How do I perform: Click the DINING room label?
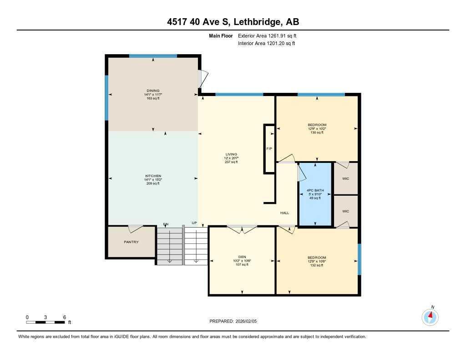pos(153,91)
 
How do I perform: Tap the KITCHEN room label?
pos(153,176)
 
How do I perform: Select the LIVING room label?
pos(231,154)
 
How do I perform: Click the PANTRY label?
pos(131,242)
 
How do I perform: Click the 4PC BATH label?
pos(314,190)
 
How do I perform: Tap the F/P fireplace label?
pos(269,149)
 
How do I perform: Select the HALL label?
pos(284,213)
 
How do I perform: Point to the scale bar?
pos(46,322)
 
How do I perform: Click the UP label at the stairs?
pos(194,223)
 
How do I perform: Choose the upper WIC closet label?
pos(345,178)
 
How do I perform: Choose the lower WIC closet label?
pos(345,211)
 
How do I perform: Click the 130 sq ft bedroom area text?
pos(317,132)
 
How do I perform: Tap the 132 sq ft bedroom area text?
pos(317,265)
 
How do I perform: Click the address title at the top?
pos(233,22)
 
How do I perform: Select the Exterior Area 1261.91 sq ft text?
pos(267,35)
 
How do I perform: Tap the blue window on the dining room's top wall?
pos(153,56)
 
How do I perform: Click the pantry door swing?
pos(135,229)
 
